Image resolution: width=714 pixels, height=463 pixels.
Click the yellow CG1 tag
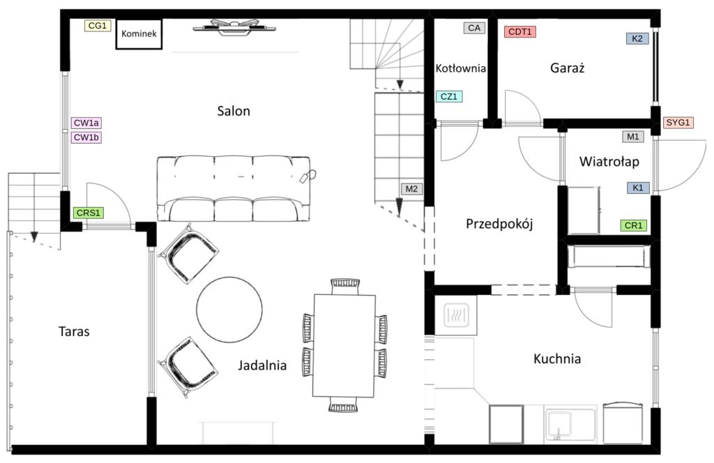point(98,26)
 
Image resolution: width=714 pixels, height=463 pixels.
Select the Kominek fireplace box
point(139,33)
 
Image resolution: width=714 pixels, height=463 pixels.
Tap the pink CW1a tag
point(86,123)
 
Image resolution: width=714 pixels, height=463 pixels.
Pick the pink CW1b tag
point(86,137)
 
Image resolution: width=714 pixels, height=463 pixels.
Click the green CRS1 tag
point(89,213)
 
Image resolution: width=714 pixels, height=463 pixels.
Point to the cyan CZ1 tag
point(449,96)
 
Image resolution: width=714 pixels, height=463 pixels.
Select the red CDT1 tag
point(520,32)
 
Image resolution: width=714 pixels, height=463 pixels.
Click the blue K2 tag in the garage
point(637,38)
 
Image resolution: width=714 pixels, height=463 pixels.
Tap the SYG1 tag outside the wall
point(678,123)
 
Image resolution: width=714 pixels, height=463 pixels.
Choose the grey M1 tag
point(633,137)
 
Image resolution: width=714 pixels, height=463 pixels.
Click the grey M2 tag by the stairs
point(411,189)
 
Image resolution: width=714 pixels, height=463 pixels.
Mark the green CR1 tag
point(633,225)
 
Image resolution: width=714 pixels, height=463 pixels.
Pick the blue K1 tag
point(638,188)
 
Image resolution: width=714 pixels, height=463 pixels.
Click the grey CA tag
point(474,28)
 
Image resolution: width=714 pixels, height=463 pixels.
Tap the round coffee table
point(229,310)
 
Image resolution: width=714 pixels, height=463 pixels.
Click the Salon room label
point(234,111)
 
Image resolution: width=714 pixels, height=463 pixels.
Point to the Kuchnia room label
point(557,358)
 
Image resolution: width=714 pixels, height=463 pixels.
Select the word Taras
point(74,331)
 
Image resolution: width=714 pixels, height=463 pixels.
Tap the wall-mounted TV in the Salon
point(234,27)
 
